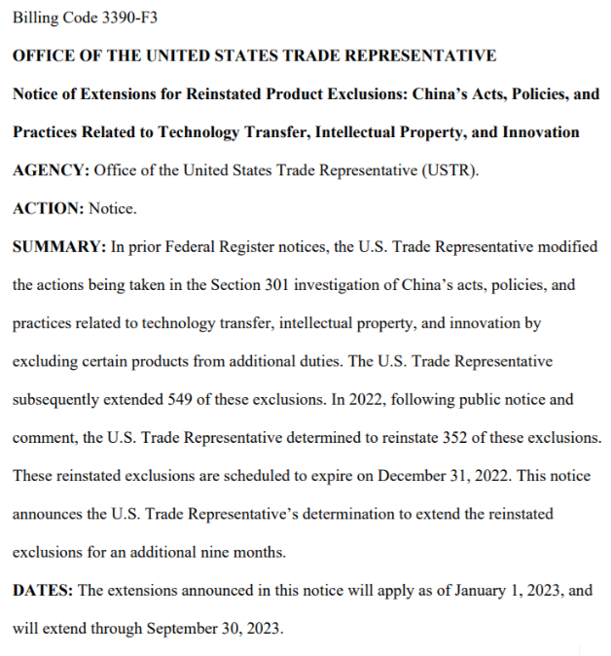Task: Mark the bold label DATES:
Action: pyautogui.click(x=43, y=590)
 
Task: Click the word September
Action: pyautogui.click(x=184, y=628)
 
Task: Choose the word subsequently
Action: pyautogui.click(x=57, y=399)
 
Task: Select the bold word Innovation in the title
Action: pyautogui.click(x=541, y=132)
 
